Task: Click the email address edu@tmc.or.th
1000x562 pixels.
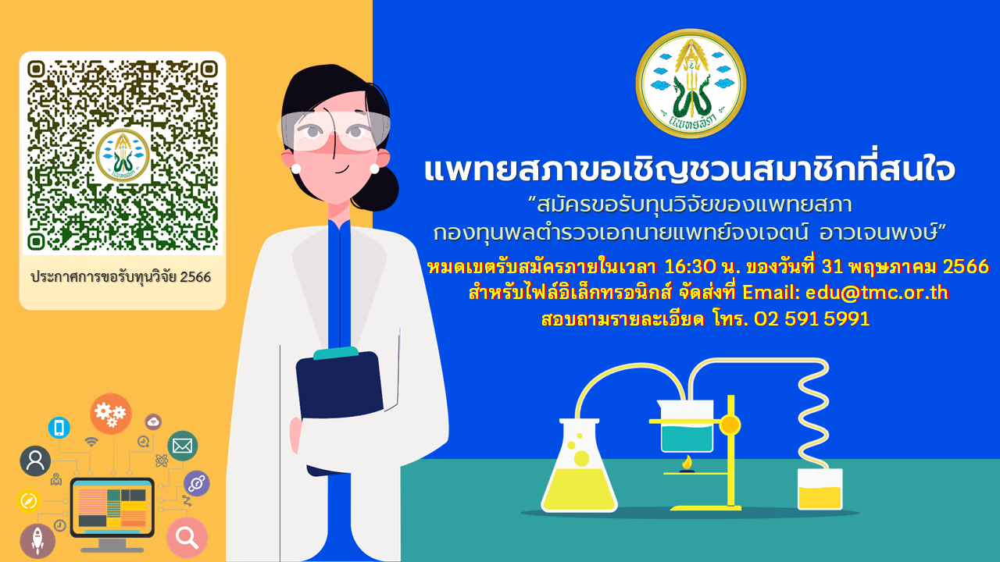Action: (877, 293)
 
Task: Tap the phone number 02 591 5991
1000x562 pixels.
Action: (812, 319)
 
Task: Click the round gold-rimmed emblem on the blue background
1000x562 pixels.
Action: (691, 84)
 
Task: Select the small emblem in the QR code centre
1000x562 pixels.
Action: (123, 155)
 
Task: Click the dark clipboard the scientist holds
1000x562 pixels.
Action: (339, 383)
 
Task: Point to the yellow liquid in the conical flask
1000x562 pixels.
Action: (579, 488)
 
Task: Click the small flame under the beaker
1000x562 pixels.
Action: (687, 463)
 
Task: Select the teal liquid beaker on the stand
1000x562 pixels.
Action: (686, 426)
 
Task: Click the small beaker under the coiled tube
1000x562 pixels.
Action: (820, 489)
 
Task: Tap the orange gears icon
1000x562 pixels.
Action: (111, 414)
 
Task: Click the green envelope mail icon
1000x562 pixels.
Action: (183, 446)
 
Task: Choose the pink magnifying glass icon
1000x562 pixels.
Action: (187, 538)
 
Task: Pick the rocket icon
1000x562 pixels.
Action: (37, 541)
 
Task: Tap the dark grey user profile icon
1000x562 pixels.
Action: (35, 461)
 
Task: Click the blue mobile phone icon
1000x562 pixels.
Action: (59, 428)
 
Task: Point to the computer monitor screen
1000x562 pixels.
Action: (112, 507)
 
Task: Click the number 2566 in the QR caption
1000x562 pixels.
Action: (195, 277)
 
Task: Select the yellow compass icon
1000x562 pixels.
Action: (29, 500)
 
